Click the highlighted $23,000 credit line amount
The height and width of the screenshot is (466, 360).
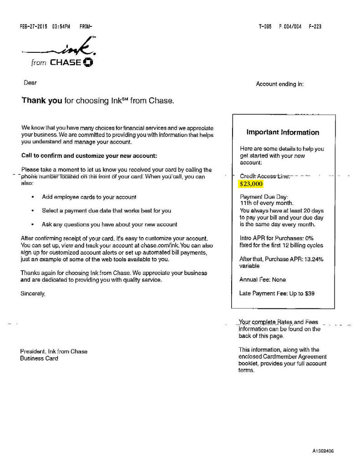pos(251,184)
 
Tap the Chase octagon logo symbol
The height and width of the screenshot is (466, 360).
pos(88,62)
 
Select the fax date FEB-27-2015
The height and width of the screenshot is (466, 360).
pos(35,26)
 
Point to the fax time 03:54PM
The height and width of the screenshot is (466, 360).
pos(61,26)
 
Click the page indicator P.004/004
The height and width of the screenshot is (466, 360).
pos(288,26)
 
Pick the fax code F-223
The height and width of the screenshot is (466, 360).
pos(315,26)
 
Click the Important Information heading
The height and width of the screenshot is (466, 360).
pos(283,132)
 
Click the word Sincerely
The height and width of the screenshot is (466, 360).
pos(33,294)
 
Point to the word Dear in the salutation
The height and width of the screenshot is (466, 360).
pos(30,83)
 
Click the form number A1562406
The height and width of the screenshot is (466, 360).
pos(324,451)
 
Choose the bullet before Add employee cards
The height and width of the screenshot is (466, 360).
pos(32,198)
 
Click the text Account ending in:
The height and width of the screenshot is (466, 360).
pos(279,84)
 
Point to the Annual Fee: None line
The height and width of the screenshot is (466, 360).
pos(263,279)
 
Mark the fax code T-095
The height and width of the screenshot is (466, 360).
pos(265,26)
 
